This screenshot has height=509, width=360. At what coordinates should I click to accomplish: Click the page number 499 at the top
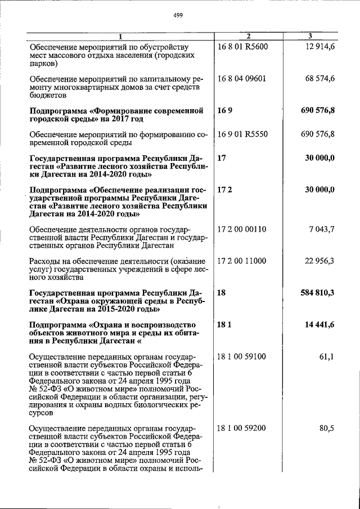tap(179, 16)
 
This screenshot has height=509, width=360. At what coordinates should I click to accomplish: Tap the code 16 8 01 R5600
tap(242, 47)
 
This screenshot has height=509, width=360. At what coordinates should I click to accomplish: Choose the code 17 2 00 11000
tap(242, 260)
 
